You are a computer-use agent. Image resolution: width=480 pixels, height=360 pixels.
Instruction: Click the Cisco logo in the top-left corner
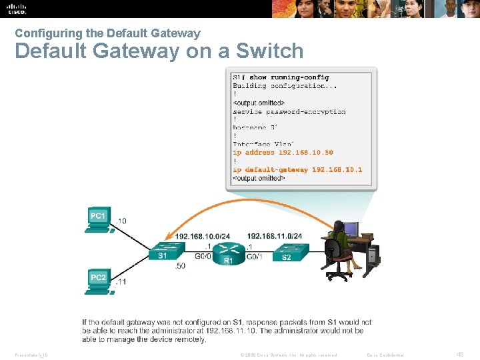tap(17, 9)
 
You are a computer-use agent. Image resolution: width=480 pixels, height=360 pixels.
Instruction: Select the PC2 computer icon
tap(99, 279)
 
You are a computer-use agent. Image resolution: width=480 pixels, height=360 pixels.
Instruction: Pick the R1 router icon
tap(228, 251)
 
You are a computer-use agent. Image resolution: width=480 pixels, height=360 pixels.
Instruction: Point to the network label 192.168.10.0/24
tap(203, 236)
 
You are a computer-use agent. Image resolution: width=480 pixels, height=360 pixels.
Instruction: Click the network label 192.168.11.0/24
tap(274, 236)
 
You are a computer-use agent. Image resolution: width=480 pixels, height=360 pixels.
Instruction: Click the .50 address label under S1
tap(179, 267)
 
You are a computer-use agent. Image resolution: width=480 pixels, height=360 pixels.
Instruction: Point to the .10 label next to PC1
tap(121, 221)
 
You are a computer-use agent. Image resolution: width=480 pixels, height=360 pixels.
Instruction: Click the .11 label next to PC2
tap(120, 282)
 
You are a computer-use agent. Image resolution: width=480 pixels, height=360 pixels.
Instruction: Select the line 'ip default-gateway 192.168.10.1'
tap(297, 169)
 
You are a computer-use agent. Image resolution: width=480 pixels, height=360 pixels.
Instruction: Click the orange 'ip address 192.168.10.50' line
tap(283, 153)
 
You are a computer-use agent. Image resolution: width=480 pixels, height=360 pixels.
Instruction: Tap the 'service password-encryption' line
tap(289, 111)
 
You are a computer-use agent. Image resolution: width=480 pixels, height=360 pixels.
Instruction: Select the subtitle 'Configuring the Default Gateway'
tap(107, 33)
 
